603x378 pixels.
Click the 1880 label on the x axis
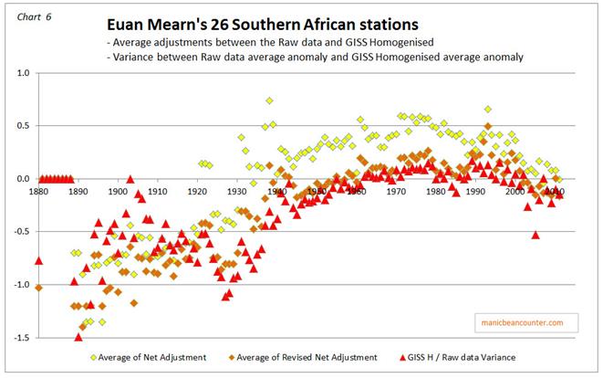(x=38, y=192)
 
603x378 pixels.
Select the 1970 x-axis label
(x=397, y=192)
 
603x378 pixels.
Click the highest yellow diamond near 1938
(x=270, y=100)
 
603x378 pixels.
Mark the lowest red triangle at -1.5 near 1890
(x=78, y=337)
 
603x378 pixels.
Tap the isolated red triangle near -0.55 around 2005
(x=535, y=236)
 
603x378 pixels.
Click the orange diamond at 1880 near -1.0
(x=38, y=289)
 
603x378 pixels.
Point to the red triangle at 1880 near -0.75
(x=38, y=261)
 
